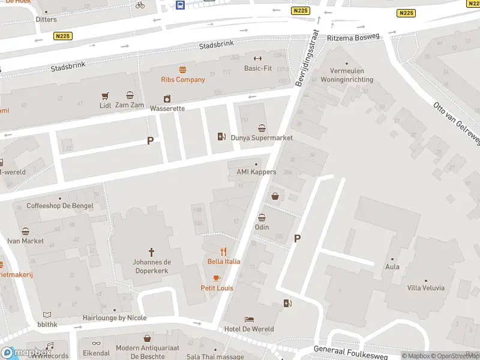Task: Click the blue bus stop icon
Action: click(x=180, y=5)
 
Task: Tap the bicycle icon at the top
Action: click(x=140, y=5)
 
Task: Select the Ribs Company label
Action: click(x=182, y=79)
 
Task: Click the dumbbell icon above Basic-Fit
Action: click(x=257, y=58)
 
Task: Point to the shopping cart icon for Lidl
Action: click(x=106, y=95)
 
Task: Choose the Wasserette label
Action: click(x=167, y=109)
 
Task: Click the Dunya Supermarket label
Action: click(x=262, y=137)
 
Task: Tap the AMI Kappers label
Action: click(x=256, y=172)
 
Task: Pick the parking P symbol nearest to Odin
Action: click(x=297, y=238)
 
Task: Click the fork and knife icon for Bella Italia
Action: click(x=223, y=251)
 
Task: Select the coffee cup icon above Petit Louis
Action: click(x=217, y=278)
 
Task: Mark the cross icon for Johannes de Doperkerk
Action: click(x=151, y=253)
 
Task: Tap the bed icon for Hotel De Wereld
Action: click(x=248, y=320)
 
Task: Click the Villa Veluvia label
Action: click(x=425, y=287)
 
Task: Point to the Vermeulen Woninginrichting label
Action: click(x=347, y=76)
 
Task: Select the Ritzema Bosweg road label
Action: click(x=353, y=37)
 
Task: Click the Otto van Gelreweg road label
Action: click(x=457, y=122)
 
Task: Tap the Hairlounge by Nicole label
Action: click(x=114, y=318)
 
